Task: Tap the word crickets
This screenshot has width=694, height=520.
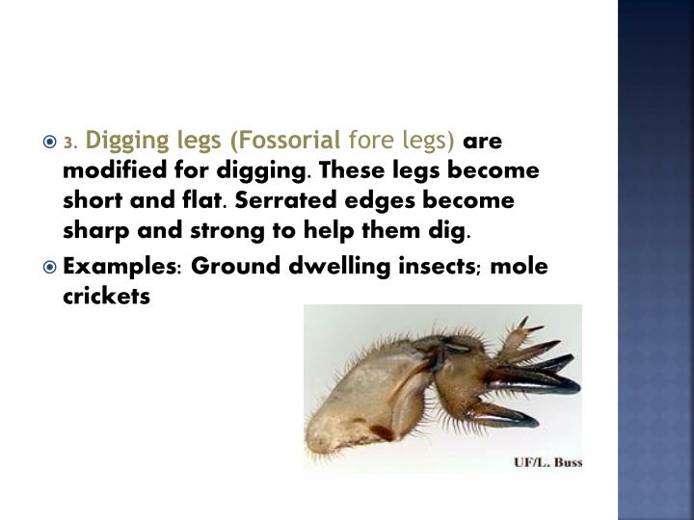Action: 106,299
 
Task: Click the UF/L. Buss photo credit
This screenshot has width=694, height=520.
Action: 547,461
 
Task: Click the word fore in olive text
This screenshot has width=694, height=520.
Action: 368,143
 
